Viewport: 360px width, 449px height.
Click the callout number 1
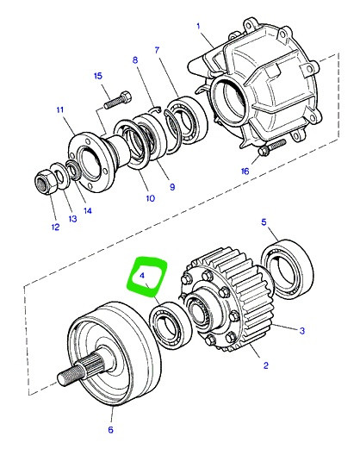(x=198, y=27)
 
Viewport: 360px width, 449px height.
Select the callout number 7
(x=157, y=50)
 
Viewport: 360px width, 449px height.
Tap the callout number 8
(x=135, y=60)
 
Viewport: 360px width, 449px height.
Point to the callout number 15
(x=98, y=76)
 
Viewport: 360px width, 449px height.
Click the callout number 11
(x=59, y=109)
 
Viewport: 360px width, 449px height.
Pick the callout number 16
(x=245, y=171)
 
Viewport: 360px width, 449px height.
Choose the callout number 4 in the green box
(x=142, y=276)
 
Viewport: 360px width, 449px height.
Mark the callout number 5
(x=264, y=222)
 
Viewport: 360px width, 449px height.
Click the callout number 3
(x=301, y=331)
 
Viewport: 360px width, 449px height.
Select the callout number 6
(x=110, y=430)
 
